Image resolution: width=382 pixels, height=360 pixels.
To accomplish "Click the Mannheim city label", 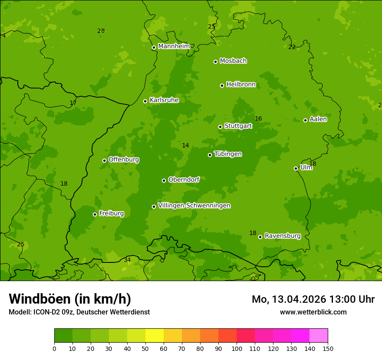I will point(174,46).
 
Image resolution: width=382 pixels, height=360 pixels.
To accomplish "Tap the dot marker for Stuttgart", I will point(220,127).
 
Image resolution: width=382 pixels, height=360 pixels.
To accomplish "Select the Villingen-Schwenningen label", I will point(194,206).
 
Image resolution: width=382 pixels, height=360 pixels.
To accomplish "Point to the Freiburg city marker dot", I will point(95,214).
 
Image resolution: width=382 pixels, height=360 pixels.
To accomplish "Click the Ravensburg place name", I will point(282,236).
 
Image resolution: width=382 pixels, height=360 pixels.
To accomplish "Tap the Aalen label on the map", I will point(318,119).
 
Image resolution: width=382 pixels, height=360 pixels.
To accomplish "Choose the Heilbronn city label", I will point(241,85).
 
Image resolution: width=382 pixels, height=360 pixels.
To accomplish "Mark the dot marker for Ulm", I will point(296,168).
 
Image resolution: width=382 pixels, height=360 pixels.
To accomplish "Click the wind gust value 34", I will point(127,260).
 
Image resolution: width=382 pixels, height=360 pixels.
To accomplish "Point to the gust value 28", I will point(101,31).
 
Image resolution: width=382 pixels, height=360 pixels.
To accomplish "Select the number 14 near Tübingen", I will point(185,145).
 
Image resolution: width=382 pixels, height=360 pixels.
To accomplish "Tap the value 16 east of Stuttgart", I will point(258,118).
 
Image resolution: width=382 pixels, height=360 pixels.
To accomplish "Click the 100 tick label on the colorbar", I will point(237,348).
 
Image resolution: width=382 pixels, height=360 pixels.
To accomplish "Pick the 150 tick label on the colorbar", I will point(327,348).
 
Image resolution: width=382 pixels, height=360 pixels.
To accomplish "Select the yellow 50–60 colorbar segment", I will point(155,335).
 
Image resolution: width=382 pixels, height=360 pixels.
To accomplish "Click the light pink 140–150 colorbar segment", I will point(319,335).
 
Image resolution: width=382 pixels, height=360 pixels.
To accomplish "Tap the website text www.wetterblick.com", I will point(313,312).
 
